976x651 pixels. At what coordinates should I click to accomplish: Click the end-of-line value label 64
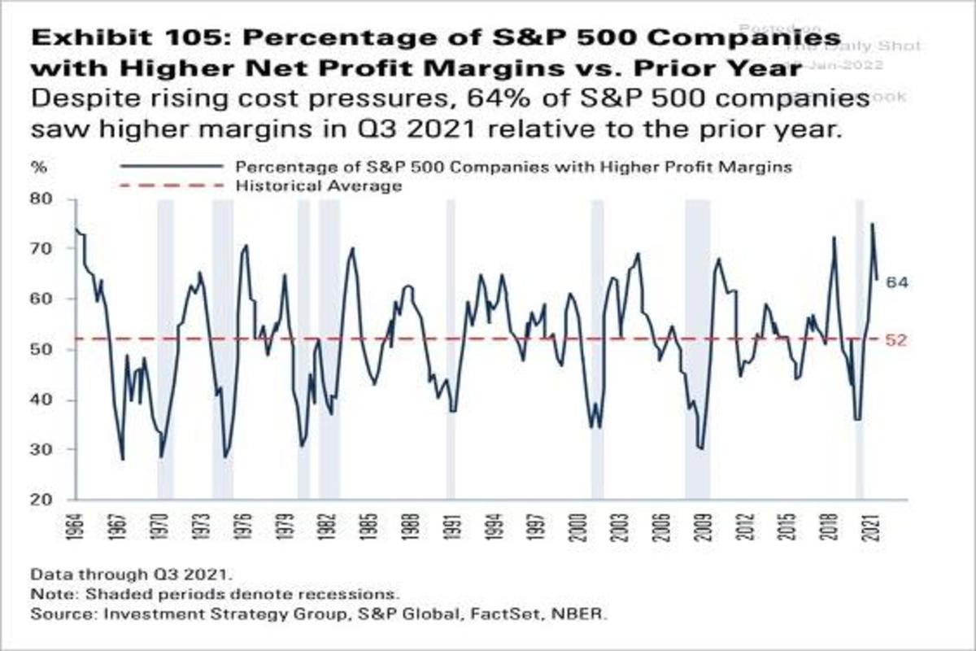pos(896,282)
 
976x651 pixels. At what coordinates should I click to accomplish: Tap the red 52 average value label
pos(895,340)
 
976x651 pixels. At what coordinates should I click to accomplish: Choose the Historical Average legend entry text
pos(319,186)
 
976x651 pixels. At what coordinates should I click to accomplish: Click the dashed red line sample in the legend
pos(170,186)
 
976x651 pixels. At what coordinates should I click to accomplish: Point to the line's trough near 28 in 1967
pos(123,459)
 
